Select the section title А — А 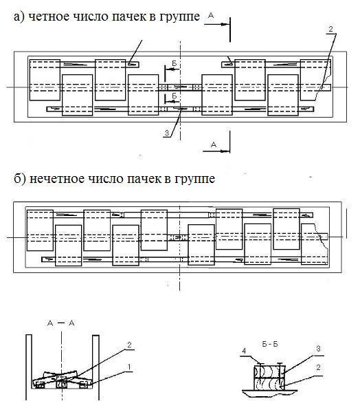pos(61,323)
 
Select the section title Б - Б pos(270,344)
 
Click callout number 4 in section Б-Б pos(244,351)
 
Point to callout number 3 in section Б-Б pos(318,349)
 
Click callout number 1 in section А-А pos(129,367)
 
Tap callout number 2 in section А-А pos(129,345)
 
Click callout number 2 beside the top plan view pos(331,29)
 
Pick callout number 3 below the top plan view pos(167,133)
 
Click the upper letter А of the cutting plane pos(211,16)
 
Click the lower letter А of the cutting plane pos(214,144)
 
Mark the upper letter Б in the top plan pos(175,63)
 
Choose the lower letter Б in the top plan pos(175,96)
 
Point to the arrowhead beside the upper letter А pos(225,25)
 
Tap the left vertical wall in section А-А pos(29,367)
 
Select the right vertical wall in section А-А pos(95,367)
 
